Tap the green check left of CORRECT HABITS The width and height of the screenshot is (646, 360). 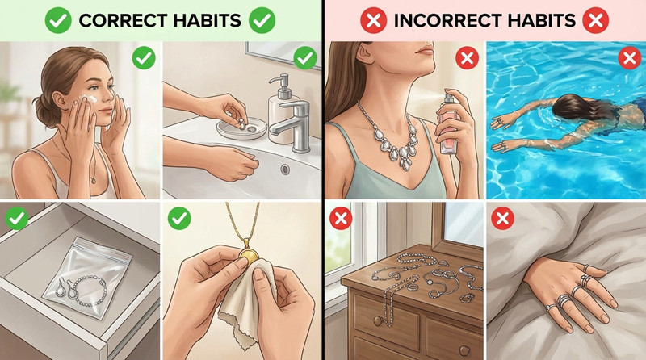[57, 20]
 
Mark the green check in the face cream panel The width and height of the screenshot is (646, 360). [144, 58]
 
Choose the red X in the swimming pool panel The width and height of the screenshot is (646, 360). [629, 58]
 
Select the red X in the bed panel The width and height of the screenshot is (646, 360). [503, 218]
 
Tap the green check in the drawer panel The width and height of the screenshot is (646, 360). [17, 218]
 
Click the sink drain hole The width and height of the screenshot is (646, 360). [286, 170]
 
